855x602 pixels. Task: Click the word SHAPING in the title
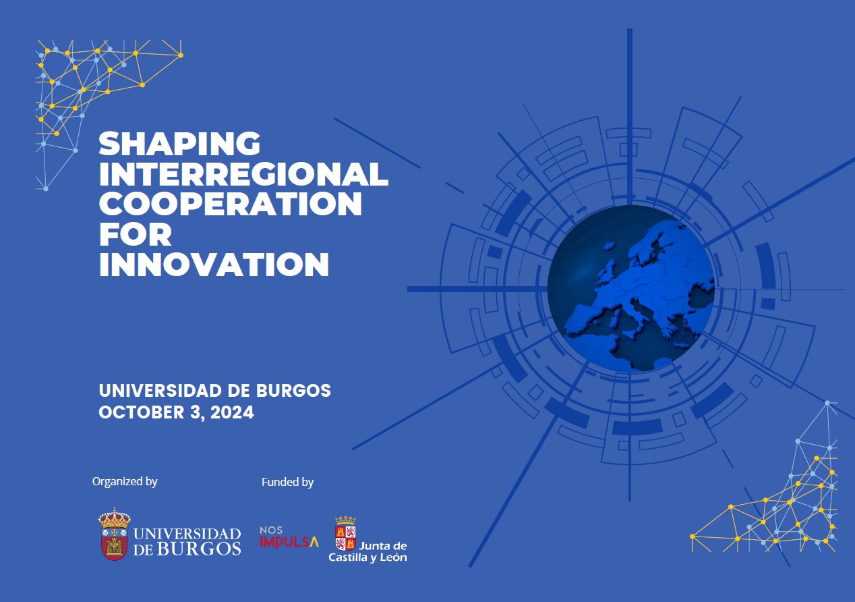179,144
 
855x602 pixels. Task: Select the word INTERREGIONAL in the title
243,174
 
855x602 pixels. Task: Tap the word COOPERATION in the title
231,204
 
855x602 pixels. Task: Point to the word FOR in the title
136,234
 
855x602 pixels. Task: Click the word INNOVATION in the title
214,265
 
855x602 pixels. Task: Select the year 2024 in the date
232,413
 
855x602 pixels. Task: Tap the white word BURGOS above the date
293,391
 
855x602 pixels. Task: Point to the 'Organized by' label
125,482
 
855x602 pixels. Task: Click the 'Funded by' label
287,483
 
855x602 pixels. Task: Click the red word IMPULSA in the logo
289,542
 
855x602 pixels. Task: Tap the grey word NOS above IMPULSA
271,530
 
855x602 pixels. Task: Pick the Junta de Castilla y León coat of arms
345,533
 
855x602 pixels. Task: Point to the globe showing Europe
630,289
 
